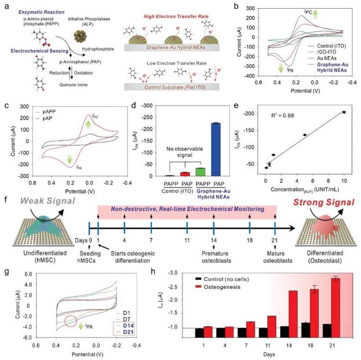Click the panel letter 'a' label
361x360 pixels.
tap(5, 6)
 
